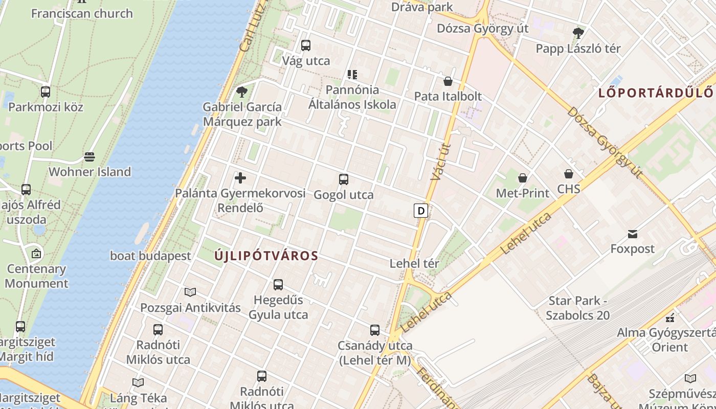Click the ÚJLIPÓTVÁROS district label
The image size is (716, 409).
click(x=266, y=256)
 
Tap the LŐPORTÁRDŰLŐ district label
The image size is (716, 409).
click(x=656, y=93)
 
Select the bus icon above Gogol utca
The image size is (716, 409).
click(x=344, y=179)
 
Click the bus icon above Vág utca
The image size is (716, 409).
click(x=306, y=46)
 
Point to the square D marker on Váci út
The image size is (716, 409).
click(x=420, y=211)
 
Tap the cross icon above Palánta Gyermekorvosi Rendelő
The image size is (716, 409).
click(x=240, y=178)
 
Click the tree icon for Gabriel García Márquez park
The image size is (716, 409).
click(x=241, y=92)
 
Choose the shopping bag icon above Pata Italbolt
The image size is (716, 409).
click(x=448, y=81)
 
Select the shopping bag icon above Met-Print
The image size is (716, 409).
click(x=523, y=178)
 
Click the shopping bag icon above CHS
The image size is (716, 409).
click(x=569, y=174)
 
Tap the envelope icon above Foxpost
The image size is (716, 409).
click(x=633, y=234)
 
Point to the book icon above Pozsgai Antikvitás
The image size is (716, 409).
click(x=190, y=292)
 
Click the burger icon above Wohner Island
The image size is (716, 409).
click(x=89, y=156)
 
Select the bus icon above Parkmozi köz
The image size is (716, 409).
click(x=46, y=92)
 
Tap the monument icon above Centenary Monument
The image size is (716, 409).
click(x=36, y=254)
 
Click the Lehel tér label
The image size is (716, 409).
click(x=414, y=264)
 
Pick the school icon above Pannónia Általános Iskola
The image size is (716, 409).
click(x=352, y=75)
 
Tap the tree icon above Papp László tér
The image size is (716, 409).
click(x=578, y=33)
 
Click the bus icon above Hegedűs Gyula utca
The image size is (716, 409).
click(x=278, y=285)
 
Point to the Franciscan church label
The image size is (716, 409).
click(x=82, y=13)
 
